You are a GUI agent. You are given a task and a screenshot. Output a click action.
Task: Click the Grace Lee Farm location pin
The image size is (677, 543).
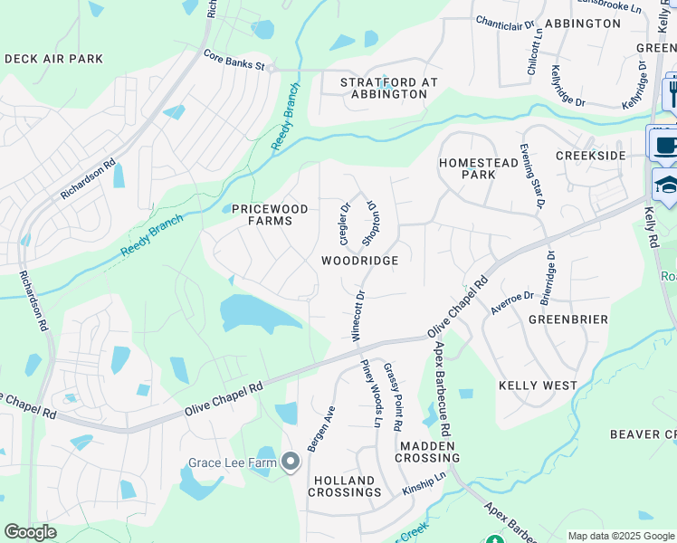pyautogui.click(x=291, y=463)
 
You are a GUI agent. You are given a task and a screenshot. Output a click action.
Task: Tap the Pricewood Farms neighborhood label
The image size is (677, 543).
pyautogui.click(x=270, y=214)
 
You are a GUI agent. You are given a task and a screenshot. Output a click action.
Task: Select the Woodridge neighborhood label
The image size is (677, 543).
pyautogui.click(x=359, y=260)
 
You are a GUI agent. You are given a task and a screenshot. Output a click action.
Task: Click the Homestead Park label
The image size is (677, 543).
pyautogui.click(x=467, y=168)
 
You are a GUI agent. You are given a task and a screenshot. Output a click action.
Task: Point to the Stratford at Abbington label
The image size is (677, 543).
pyautogui.click(x=388, y=88)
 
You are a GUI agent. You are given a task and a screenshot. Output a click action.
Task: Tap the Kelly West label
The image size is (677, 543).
pyautogui.click(x=538, y=386)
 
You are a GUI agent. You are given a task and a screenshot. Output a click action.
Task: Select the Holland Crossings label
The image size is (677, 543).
pyautogui.click(x=344, y=486)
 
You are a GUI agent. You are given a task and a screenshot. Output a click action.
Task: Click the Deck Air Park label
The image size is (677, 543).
pyautogui.click(x=53, y=59)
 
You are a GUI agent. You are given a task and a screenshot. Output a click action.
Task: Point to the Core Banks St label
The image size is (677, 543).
pyautogui.click(x=233, y=66)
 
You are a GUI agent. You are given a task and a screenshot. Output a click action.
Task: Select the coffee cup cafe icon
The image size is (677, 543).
pyautogui.click(x=664, y=144)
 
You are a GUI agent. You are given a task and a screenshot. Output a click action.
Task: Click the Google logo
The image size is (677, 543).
pyautogui.click(x=31, y=532)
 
